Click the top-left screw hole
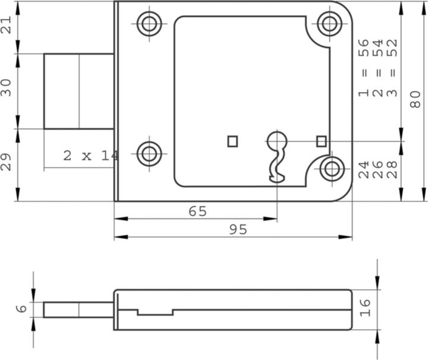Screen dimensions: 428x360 pyautogui.click(x=149, y=24)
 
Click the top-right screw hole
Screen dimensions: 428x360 pyautogui.click(x=330, y=24)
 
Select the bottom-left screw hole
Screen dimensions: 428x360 pyautogui.click(x=149, y=154)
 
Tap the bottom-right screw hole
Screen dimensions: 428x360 pyautogui.click(x=332, y=169)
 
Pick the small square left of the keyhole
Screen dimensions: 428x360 pyautogui.click(x=232, y=141)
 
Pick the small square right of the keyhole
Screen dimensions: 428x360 pyautogui.click(x=322, y=141)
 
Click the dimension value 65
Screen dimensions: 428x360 pyautogui.click(x=198, y=211)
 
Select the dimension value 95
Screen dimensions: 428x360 pyautogui.click(x=238, y=230)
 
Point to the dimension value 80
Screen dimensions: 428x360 pyautogui.click(x=415, y=99)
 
